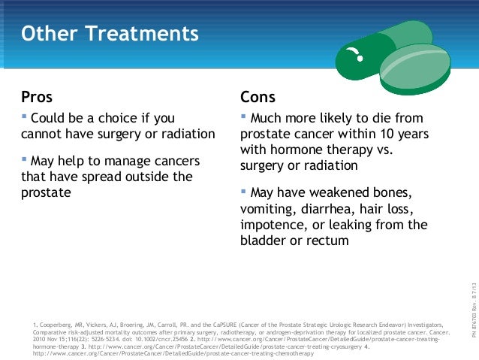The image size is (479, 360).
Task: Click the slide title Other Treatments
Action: click(110, 35)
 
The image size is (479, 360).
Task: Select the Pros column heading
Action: click(37, 97)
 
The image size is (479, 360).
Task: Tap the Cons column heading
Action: click(258, 97)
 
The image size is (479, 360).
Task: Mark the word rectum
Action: click(327, 241)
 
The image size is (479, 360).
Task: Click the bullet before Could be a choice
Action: click(24, 117)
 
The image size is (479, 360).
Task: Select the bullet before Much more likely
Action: click(243, 117)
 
